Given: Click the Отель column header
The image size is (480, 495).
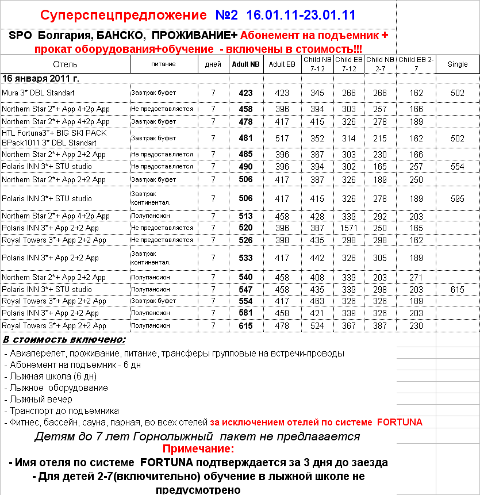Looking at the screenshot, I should click(64, 64).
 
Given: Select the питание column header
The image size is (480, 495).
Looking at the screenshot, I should click(163, 64).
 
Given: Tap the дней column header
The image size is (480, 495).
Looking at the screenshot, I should click(213, 64).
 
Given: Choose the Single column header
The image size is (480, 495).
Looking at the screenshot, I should click(458, 64).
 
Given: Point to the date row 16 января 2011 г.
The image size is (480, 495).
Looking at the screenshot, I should click(41, 78).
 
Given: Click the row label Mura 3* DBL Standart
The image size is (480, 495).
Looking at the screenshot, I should click(38, 93).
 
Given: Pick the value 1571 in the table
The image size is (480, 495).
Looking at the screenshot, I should click(349, 228).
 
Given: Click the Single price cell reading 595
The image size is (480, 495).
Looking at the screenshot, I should click(458, 199).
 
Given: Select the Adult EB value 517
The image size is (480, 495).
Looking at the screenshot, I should click(282, 138).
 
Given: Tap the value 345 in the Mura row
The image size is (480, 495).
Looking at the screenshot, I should click(317, 93).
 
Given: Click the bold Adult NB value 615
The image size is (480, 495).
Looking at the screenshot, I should click(245, 325).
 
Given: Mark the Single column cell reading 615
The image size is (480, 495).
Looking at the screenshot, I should click(458, 290).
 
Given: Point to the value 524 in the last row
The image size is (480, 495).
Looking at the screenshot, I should click(317, 325).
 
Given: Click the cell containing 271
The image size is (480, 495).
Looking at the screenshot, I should click(417, 277).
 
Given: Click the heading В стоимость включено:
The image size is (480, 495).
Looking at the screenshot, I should click(64, 340).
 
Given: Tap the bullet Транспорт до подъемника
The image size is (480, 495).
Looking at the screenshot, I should click(64, 410).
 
